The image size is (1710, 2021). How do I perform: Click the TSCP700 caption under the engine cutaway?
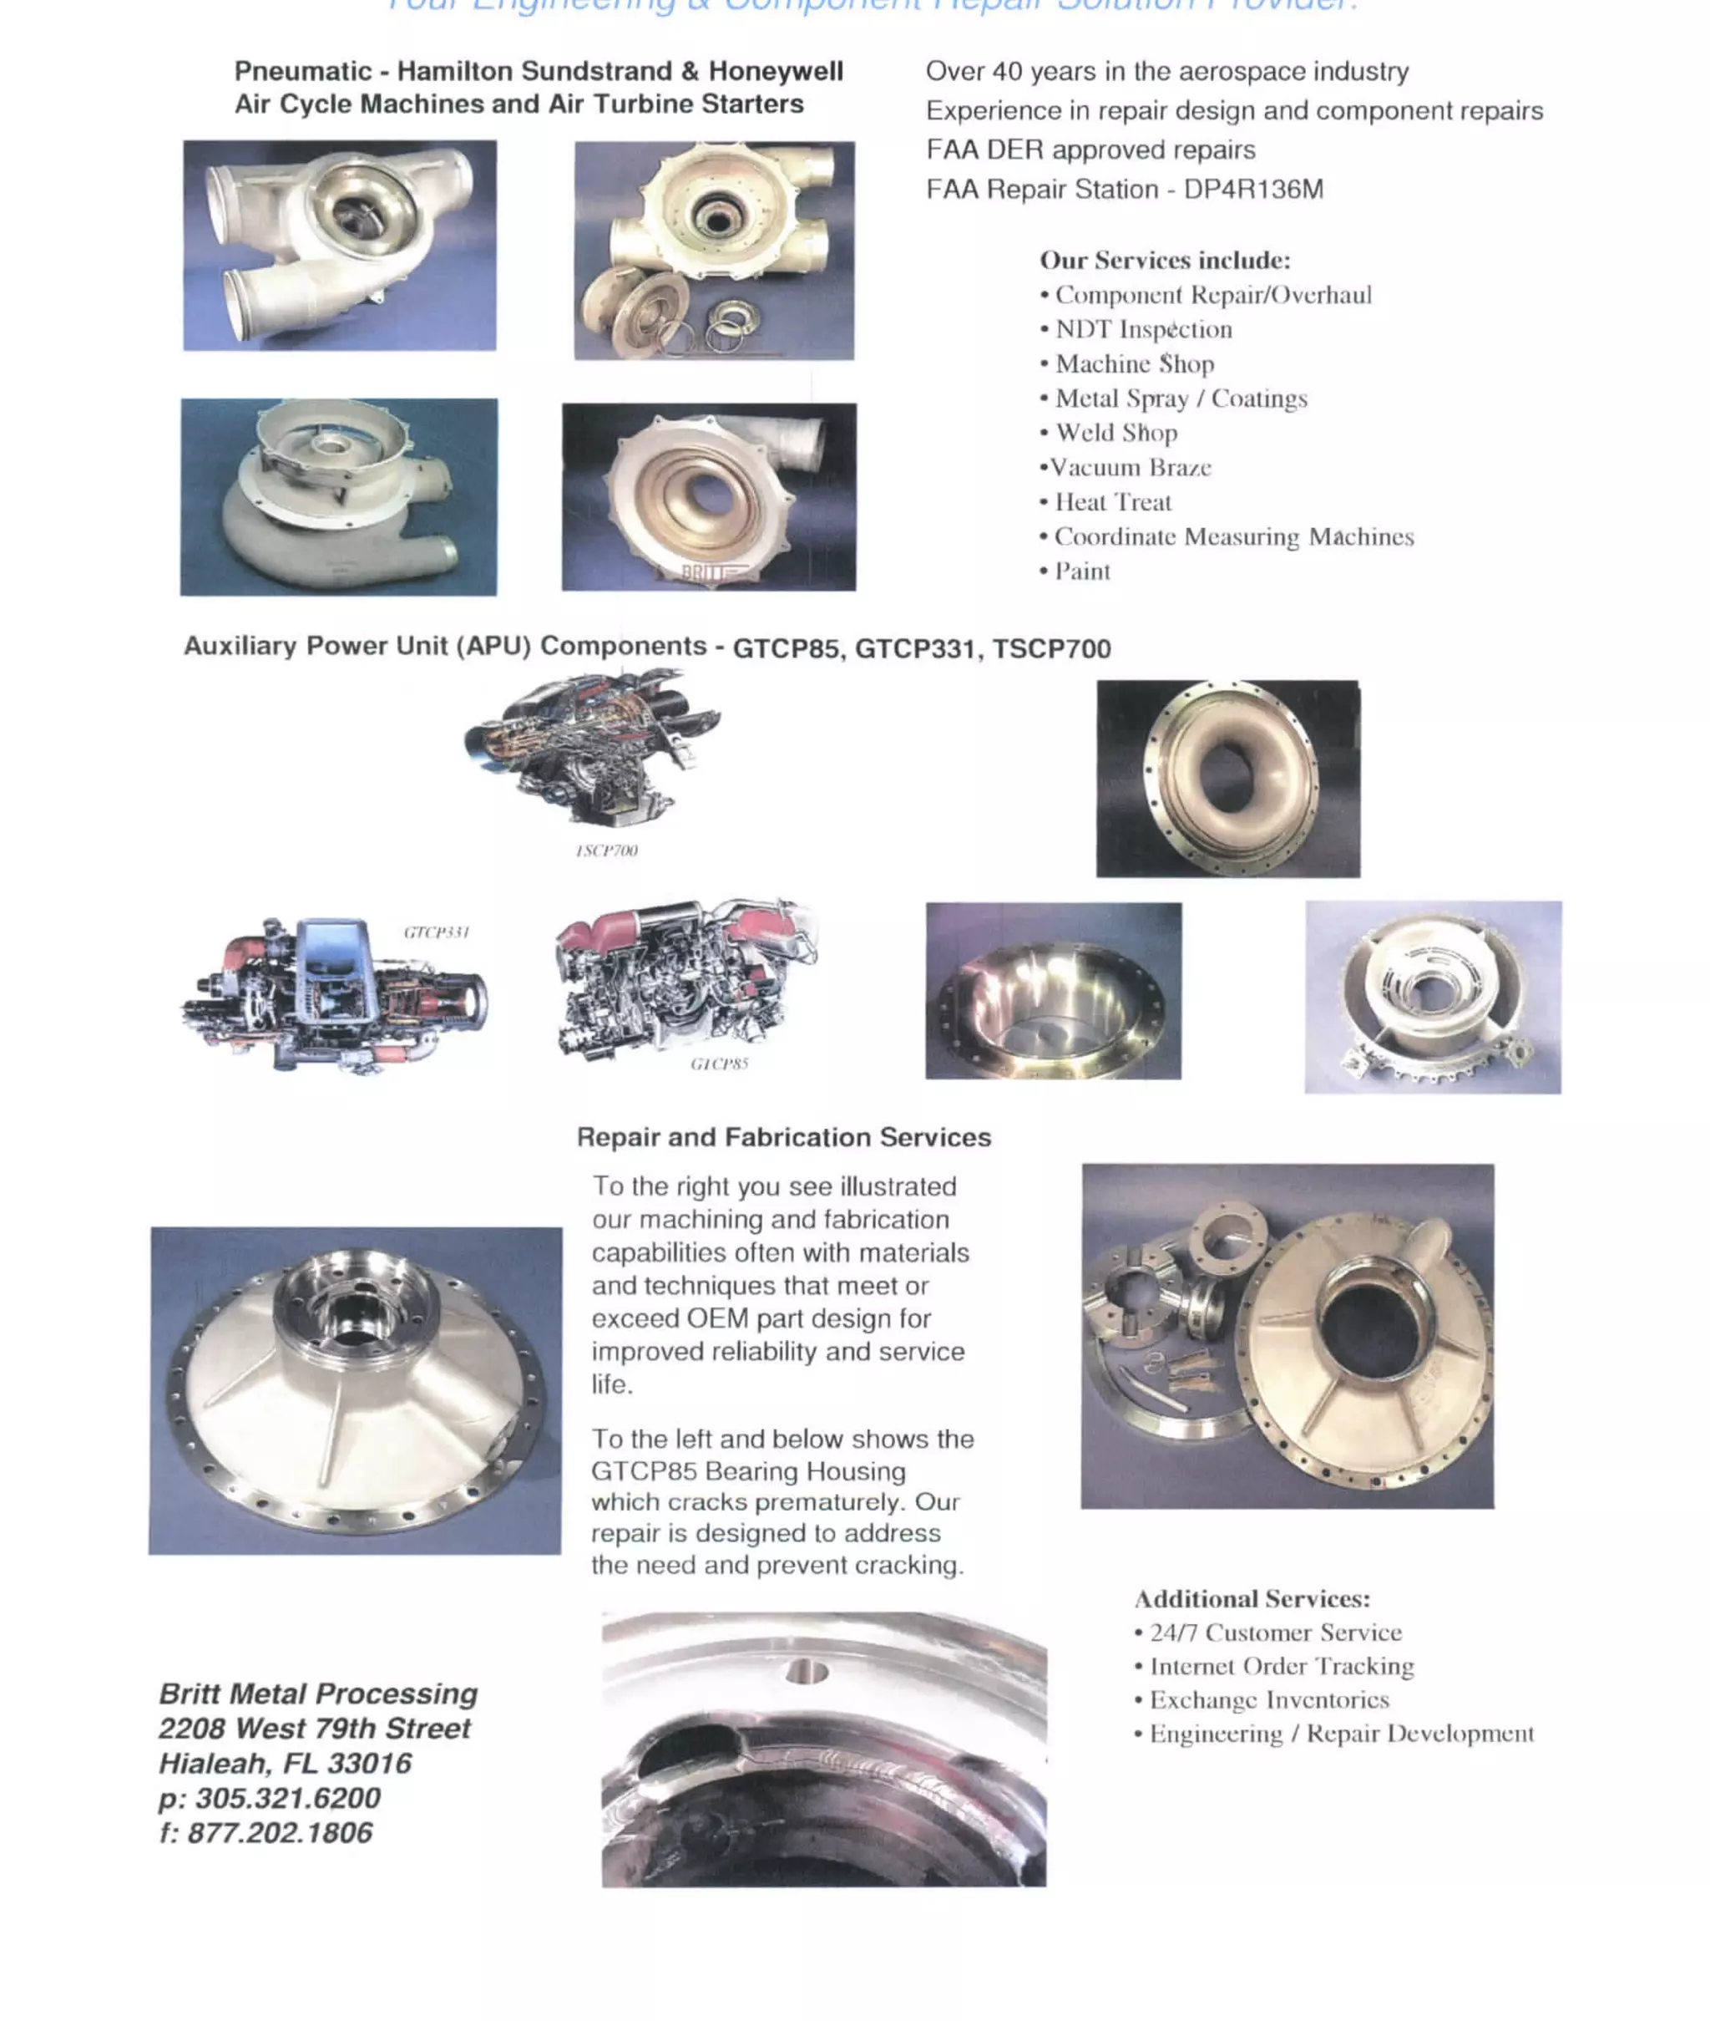606,851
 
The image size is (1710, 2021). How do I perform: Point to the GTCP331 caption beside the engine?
436,932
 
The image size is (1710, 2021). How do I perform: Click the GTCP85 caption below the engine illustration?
719,1064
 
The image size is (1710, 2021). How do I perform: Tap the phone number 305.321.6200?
287,1798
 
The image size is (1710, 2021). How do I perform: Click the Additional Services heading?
1252,1598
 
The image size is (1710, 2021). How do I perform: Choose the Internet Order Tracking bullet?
1281,1666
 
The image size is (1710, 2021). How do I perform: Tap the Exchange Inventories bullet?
1268,1700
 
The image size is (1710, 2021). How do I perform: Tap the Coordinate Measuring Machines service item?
1233,536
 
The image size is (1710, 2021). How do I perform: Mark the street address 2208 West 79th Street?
314,1728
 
